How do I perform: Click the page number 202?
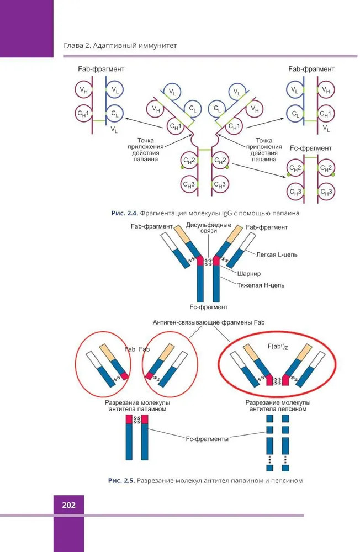[69, 505]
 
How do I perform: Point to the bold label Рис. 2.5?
[121, 481]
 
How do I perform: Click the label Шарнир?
[248, 274]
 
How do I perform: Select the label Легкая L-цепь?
[277, 254]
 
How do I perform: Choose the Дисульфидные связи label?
[208, 229]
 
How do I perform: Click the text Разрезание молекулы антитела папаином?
[136, 406]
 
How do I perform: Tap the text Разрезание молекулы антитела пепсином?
[278, 406]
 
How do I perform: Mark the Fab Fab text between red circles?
[137, 349]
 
